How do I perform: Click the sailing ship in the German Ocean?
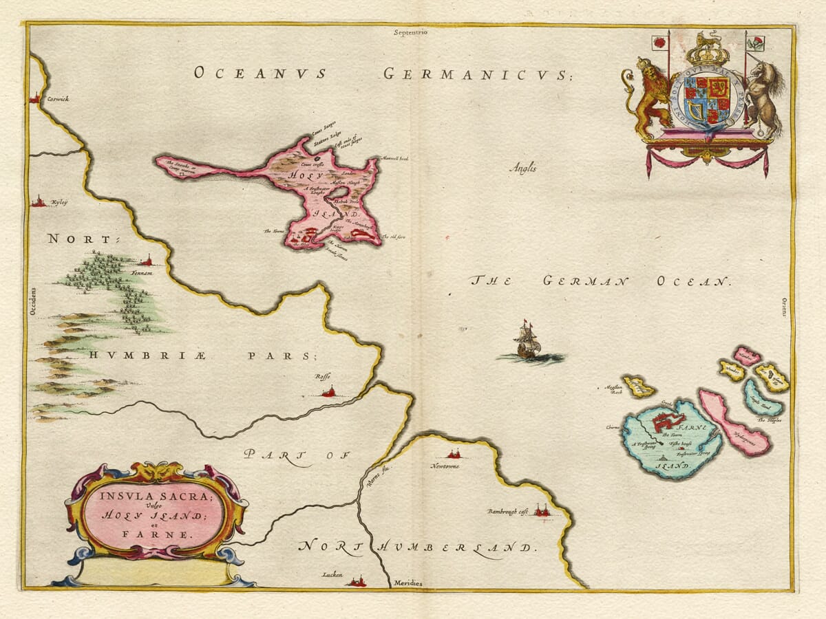coord(527,342)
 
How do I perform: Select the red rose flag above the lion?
coord(658,43)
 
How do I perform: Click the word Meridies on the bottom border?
coord(408,583)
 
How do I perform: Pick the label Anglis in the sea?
coord(523,167)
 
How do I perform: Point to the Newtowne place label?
coord(445,466)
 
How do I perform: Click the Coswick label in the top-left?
coord(58,100)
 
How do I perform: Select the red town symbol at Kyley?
coord(39,202)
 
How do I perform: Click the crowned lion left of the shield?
coord(647,96)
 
